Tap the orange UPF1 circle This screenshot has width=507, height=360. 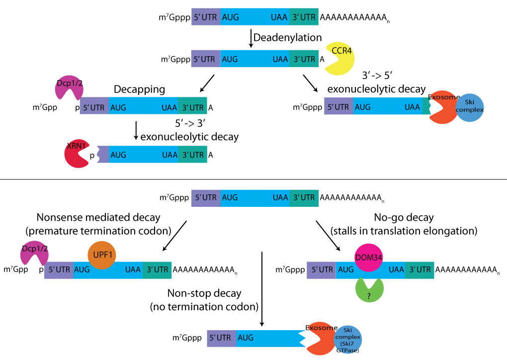101,255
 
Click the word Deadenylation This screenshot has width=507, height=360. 288,37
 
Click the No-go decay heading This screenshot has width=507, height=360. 404,217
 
